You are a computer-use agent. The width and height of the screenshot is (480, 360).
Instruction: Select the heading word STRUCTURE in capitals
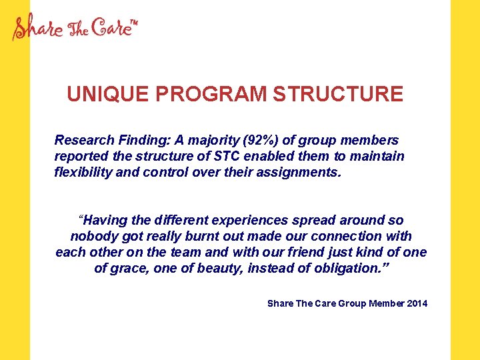pyautogui.click(x=338, y=94)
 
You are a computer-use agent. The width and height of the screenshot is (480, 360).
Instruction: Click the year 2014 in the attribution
pyautogui.click(x=417, y=304)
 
